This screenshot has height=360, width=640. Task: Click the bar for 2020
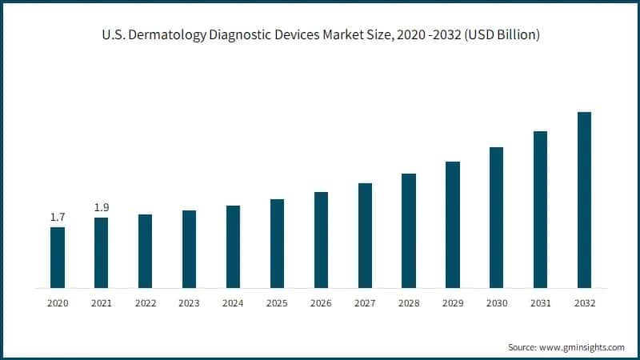(58, 258)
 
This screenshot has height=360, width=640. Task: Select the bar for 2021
(102, 253)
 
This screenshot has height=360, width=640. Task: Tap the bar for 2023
(190, 249)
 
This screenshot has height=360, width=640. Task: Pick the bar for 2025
(277, 243)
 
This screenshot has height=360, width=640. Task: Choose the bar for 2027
(365, 235)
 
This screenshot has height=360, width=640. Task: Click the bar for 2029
(453, 225)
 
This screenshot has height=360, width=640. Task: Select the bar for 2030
(497, 218)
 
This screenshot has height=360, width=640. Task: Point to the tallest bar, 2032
(584, 200)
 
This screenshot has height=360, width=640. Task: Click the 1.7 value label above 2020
(58, 217)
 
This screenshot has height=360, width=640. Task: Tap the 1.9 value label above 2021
(102, 208)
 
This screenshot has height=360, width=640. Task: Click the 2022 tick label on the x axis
(146, 304)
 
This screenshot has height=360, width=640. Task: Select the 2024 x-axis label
(233, 304)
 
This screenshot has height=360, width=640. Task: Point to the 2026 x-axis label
(321, 304)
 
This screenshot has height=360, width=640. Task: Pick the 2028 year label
(409, 304)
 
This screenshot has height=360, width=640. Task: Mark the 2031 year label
(540, 304)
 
